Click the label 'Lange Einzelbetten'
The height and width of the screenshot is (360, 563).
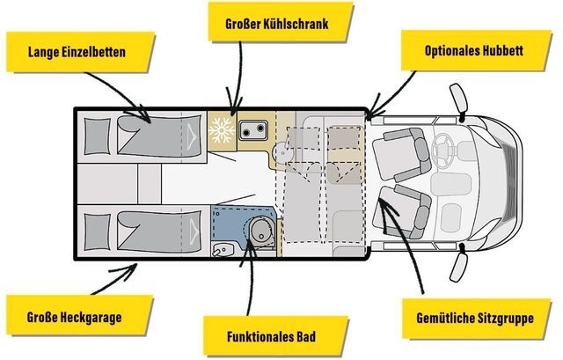(x=77, y=52)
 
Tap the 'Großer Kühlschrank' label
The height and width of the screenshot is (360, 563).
(x=277, y=24)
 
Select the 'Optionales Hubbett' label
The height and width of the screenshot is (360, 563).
(x=474, y=50)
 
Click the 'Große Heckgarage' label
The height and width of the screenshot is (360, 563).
(x=74, y=317)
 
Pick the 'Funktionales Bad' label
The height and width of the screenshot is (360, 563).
(x=272, y=336)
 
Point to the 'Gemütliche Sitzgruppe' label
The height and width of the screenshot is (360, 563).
(x=475, y=318)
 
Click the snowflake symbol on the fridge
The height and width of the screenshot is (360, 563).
(x=222, y=129)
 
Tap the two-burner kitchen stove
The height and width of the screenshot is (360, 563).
(x=253, y=130)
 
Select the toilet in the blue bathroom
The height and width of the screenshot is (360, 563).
(x=261, y=229)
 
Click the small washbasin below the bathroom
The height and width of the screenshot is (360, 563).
(x=223, y=249)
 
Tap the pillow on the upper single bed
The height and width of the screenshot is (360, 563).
(x=98, y=137)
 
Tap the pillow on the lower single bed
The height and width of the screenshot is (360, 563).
(x=97, y=231)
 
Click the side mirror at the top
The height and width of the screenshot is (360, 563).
(x=459, y=98)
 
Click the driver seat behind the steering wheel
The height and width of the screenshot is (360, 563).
(x=402, y=155)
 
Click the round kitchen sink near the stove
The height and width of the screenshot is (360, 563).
(x=283, y=152)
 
